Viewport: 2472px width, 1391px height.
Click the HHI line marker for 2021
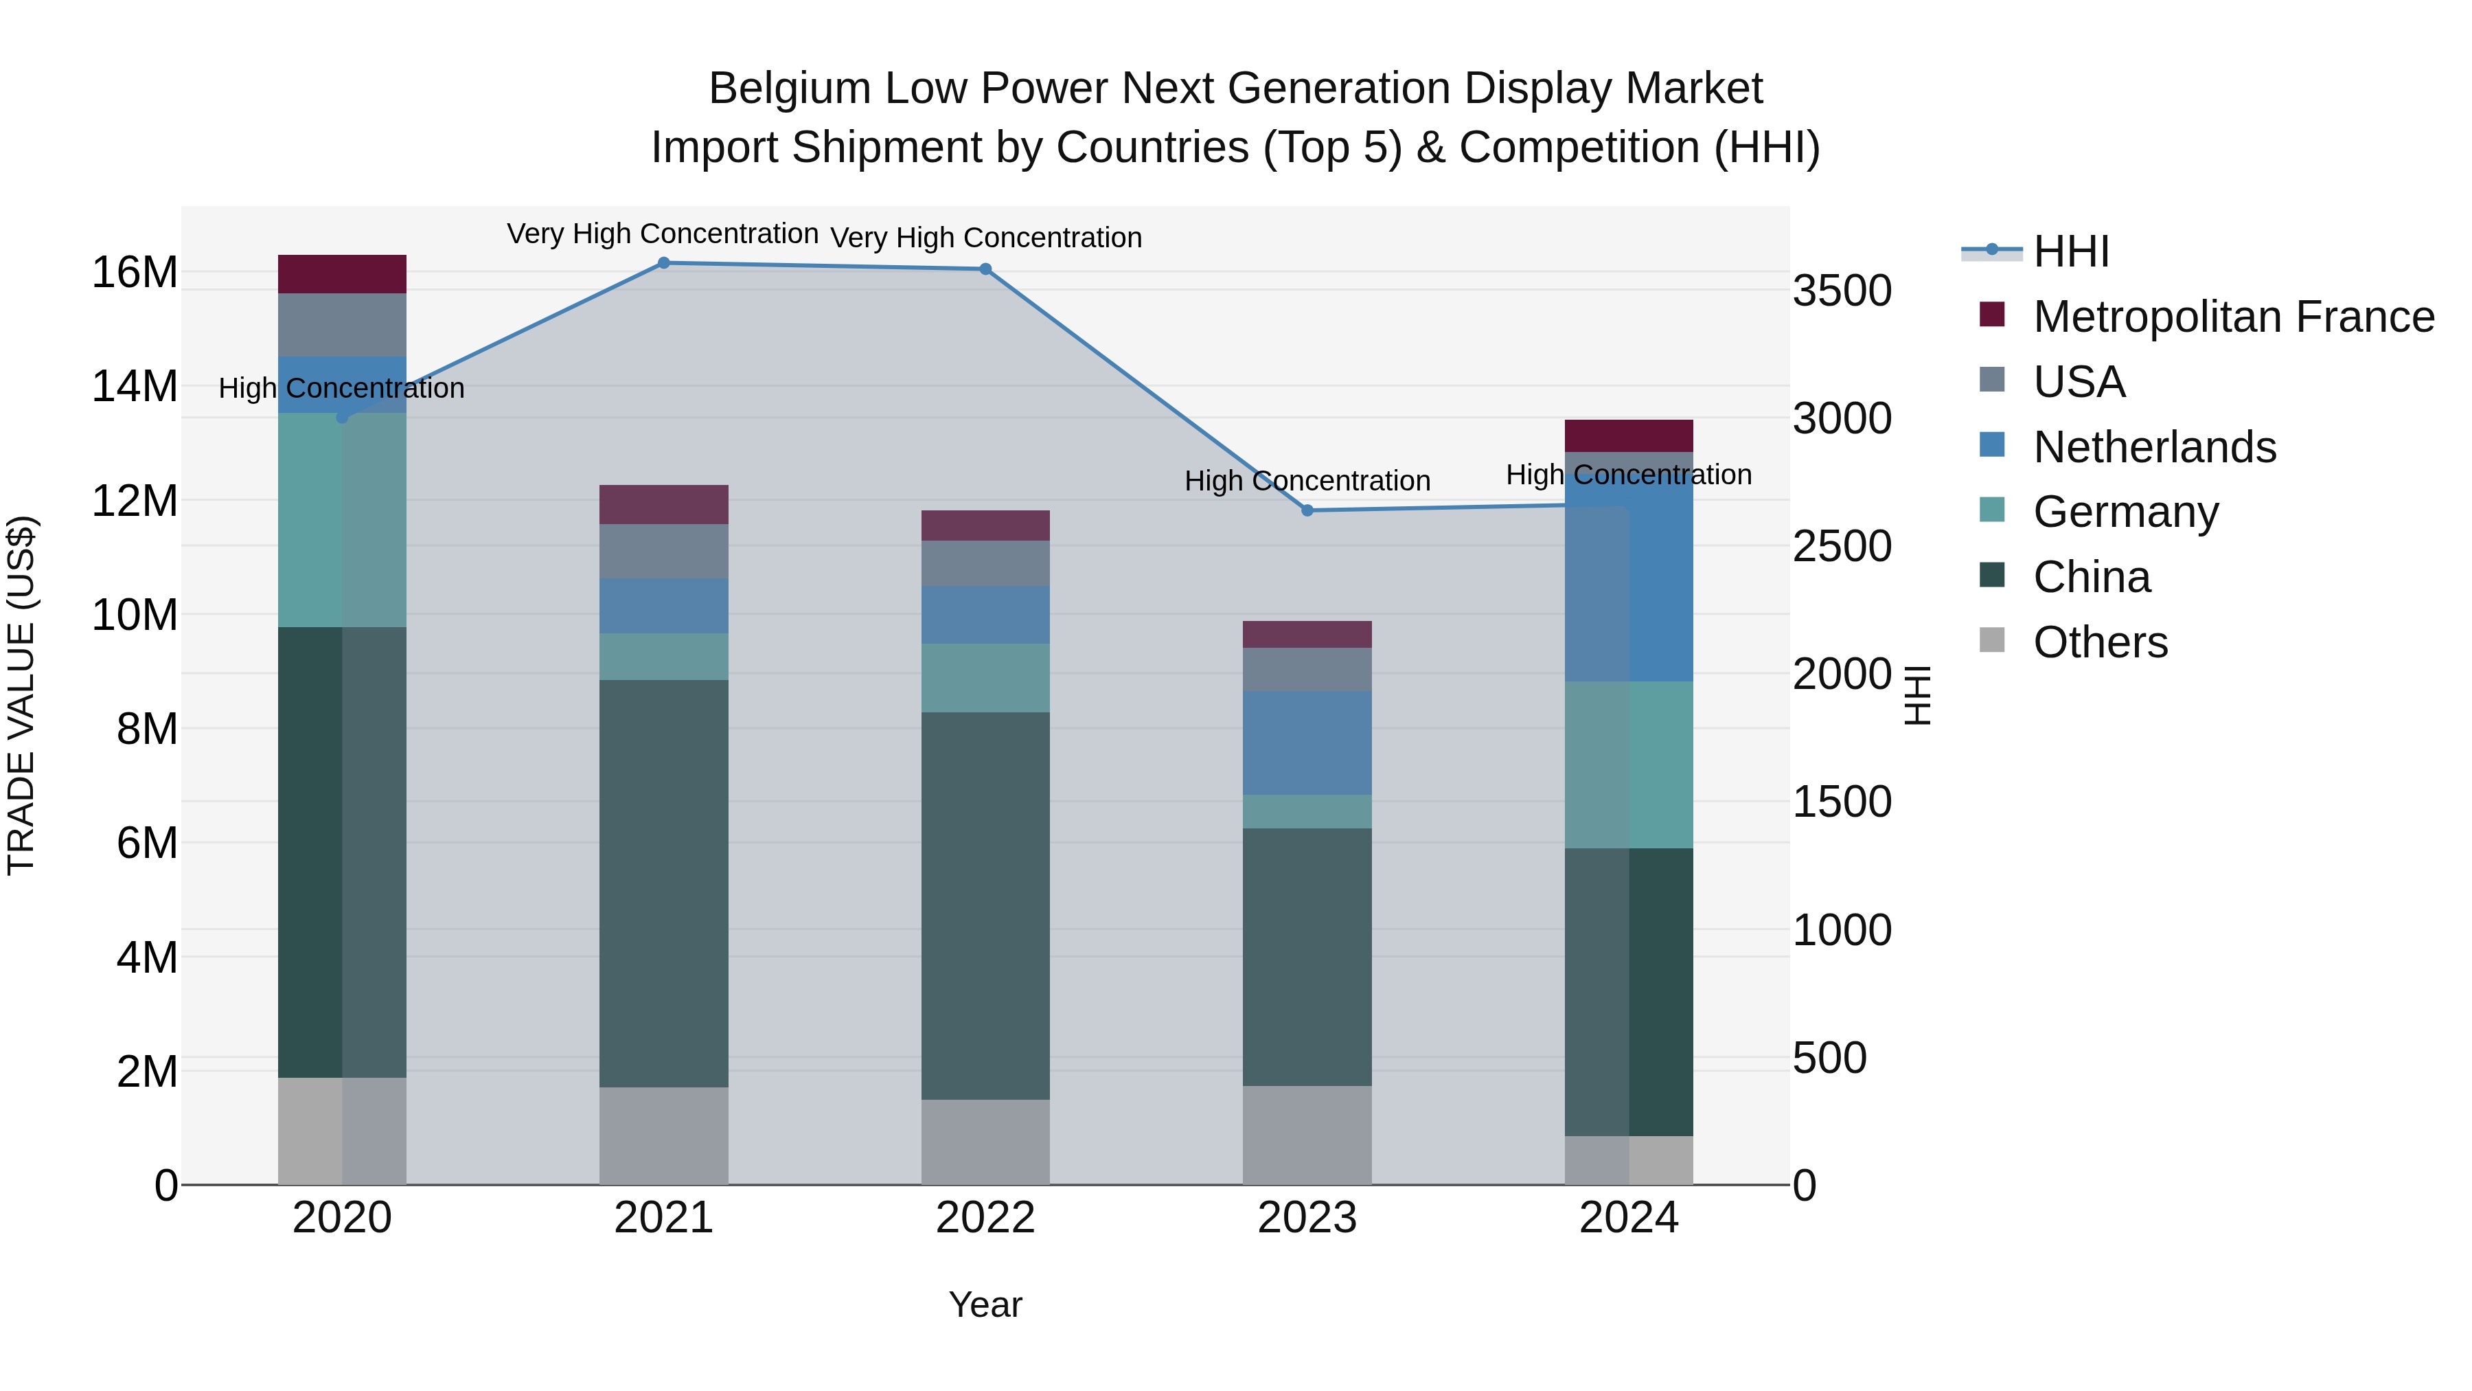663,263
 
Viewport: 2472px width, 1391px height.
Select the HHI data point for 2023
1307,510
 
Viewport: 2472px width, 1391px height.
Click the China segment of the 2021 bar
663,883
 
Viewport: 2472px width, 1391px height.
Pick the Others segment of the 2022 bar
985,1142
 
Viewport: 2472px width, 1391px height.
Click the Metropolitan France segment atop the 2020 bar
342,275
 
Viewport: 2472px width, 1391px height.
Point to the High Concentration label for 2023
1307,481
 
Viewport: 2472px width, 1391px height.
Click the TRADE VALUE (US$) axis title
21,695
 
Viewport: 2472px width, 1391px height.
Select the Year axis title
985,1304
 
